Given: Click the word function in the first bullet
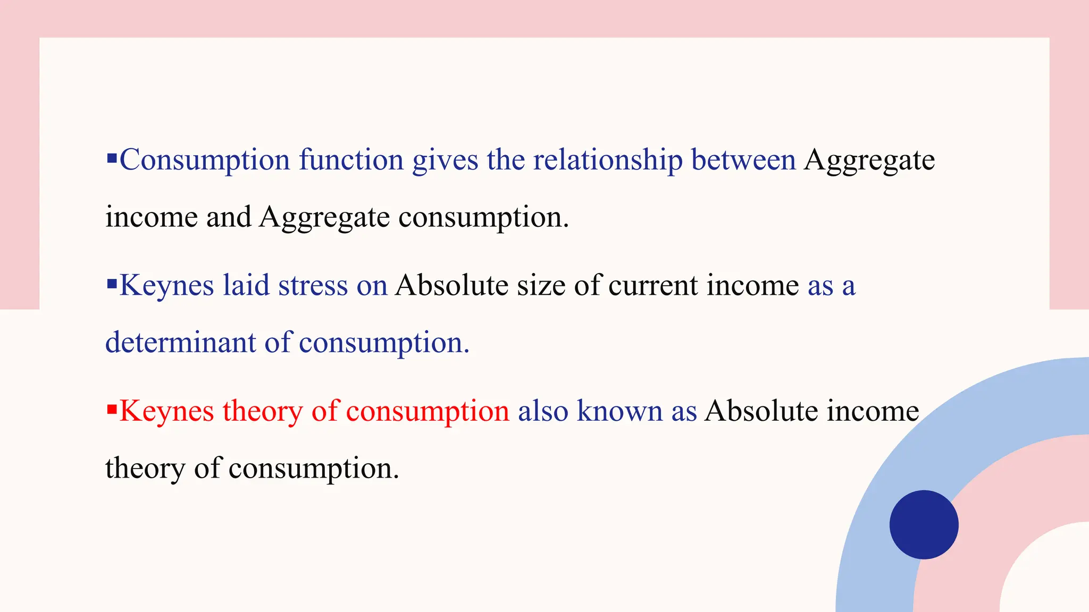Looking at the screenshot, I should tap(351, 160).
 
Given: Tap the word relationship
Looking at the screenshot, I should tap(608, 160).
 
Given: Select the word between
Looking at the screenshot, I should tap(743, 160).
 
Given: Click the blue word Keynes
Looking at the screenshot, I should tap(166, 286).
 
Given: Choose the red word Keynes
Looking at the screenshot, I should tap(166, 412).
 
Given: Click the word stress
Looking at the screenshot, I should tap(313, 286).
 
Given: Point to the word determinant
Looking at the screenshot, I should tap(181, 342).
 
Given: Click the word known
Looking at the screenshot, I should tap(619, 411).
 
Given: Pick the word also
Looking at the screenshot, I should tap(543, 411).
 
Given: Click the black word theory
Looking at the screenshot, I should tap(145, 469).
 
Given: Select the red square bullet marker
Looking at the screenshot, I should tap(112, 409).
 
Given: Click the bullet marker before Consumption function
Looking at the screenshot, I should tap(112, 158).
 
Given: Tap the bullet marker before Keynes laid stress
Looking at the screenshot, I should tap(112, 284).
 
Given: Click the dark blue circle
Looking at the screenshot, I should tap(924, 524).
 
